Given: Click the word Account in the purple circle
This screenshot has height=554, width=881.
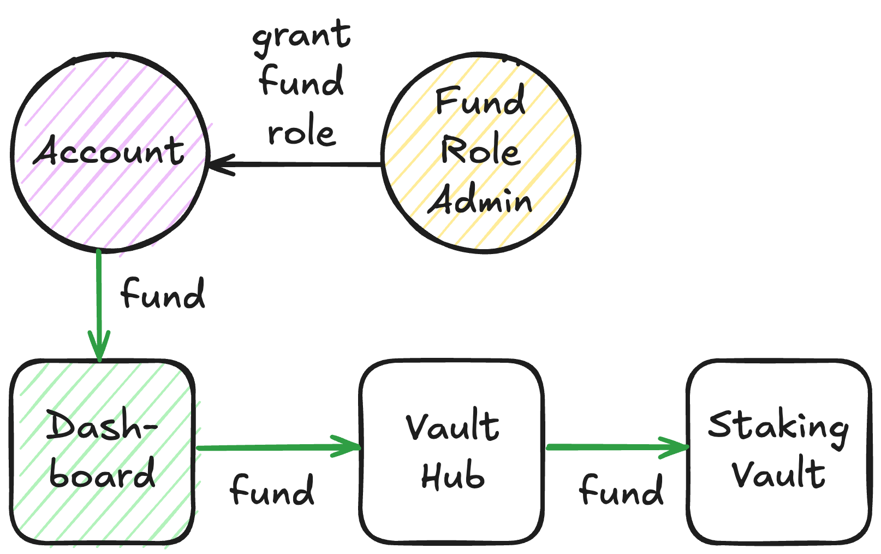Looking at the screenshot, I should point(109,151).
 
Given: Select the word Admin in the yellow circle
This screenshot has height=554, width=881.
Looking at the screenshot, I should point(479,201).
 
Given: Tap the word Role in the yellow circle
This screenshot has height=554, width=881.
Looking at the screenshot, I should point(480,151).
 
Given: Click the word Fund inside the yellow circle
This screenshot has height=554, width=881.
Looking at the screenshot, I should point(480,101).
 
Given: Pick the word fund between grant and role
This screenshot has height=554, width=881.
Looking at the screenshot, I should point(301,82).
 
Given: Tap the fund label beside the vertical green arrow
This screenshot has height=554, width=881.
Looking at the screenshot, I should point(163,295).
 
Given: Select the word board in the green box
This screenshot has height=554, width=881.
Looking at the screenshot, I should point(102,474).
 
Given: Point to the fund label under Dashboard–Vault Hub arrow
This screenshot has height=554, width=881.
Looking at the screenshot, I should point(272,491).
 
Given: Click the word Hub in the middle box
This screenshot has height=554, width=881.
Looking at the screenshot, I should point(453,476).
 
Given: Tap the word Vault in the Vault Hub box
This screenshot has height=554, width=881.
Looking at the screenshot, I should point(453,427).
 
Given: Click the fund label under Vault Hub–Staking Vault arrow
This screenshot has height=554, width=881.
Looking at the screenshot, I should point(621,491).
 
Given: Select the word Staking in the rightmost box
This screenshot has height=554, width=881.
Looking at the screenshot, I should point(778,427).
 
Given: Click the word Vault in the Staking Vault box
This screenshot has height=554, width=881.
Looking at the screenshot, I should point(778,474).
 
